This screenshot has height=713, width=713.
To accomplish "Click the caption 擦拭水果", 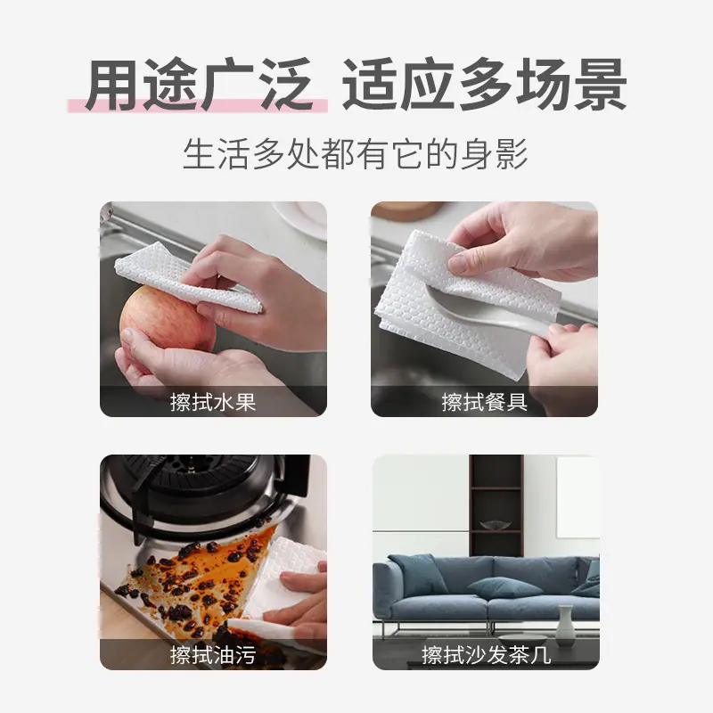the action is pyautogui.click(x=213, y=402).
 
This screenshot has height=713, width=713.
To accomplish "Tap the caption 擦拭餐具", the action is pyautogui.click(x=484, y=402).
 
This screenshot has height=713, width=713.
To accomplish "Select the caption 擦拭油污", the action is pyautogui.click(x=213, y=655).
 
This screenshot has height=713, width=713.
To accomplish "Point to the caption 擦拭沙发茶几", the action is pyautogui.click(x=486, y=655).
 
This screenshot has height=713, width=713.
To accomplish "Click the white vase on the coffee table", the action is pyautogui.click(x=565, y=625).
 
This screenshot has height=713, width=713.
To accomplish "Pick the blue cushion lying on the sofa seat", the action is pyautogui.click(x=504, y=587).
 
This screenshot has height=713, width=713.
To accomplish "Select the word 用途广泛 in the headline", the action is pyautogui.click(x=199, y=85).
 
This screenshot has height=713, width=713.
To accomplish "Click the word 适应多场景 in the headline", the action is pyautogui.click(x=484, y=85).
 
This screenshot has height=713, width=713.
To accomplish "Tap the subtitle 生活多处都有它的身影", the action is pyautogui.click(x=356, y=153).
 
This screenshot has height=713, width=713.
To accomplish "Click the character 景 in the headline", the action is pyautogui.click(x=600, y=85).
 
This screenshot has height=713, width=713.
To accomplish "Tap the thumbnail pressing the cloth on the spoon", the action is pyautogui.click(x=460, y=263).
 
